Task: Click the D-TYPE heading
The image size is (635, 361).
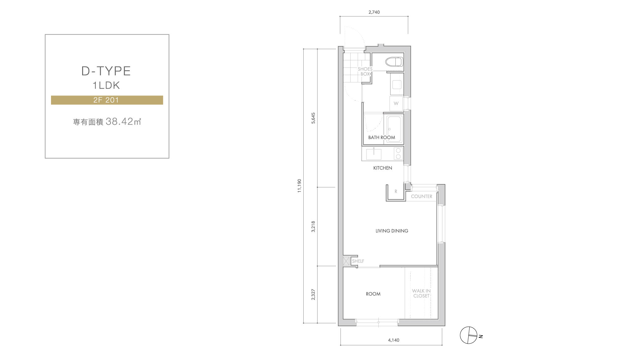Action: click(x=106, y=71)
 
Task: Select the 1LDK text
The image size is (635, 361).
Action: click(x=106, y=85)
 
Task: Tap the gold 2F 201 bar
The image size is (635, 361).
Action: click(x=107, y=100)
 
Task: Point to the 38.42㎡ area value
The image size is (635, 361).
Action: click(x=124, y=122)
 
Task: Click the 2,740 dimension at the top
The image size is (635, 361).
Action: click(x=374, y=12)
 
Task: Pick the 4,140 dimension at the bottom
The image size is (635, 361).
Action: click(x=394, y=340)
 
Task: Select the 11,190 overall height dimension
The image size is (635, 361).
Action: click(x=299, y=186)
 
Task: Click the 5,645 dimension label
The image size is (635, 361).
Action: click(x=313, y=118)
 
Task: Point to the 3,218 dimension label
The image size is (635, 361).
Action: click(x=313, y=227)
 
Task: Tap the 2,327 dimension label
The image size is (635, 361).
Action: click(x=313, y=294)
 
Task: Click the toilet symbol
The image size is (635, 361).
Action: click(x=394, y=62)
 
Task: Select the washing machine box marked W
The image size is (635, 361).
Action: click(x=396, y=103)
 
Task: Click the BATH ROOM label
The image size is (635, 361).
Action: click(x=382, y=137)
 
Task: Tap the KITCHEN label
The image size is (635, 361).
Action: click(x=383, y=168)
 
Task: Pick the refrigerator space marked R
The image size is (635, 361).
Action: click(x=396, y=192)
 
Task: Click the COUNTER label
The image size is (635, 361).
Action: click(x=422, y=197)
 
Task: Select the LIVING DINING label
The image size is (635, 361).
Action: click(x=392, y=231)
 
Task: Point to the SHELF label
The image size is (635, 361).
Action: click(x=358, y=261)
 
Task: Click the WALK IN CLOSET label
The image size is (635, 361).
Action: click(x=421, y=294)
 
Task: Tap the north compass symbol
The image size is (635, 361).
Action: click(x=469, y=336)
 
